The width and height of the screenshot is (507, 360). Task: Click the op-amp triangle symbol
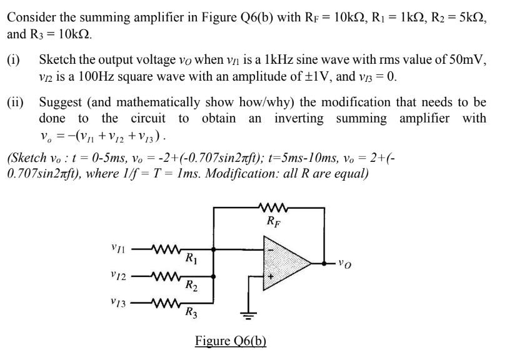pyautogui.click(x=284, y=262)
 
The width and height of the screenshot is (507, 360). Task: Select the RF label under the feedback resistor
pyautogui.click(x=273, y=221)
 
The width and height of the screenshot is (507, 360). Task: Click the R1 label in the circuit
pyautogui.click(x=193, y=257)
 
